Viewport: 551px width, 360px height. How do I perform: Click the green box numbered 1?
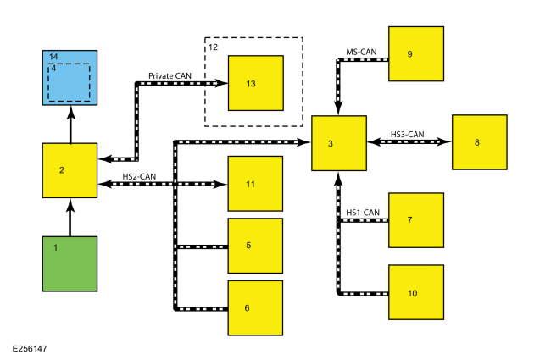(70, 263)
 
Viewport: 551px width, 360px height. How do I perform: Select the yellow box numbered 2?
(70, 170)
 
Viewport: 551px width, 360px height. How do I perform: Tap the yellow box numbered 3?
(339, 143)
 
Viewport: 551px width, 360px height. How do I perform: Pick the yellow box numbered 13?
(256, 83)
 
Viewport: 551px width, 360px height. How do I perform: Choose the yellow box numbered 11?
(255, 184)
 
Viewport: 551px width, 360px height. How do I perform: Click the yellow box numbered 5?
(255, 246)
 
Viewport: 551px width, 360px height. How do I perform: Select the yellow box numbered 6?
(255, 308)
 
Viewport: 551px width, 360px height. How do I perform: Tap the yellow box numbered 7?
(416, 220)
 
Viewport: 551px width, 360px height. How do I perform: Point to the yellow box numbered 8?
(480, 142)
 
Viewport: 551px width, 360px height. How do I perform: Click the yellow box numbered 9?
(416, 53)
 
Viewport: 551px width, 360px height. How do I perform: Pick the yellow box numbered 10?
(416, 292)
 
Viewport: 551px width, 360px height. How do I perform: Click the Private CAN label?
(170, 76)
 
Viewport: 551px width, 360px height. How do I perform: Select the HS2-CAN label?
(139, 176)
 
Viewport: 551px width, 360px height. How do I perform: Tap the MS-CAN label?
(361, 52)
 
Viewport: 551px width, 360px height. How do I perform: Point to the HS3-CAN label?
(407, 134)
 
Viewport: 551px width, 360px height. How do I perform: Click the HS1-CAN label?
(363, 213)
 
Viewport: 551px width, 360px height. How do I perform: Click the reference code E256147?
(30, 349)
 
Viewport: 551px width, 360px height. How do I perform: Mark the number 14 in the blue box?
(53, 57)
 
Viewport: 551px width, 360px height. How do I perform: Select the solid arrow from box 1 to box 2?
(70, 218)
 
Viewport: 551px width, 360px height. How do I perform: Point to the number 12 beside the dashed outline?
(213, 47)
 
